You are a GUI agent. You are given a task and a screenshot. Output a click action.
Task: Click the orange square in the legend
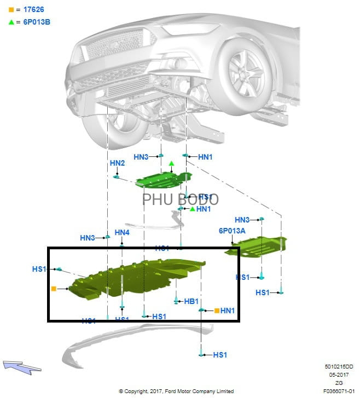(x=11, y=10)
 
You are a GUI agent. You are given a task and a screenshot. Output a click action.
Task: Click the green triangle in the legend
(x=11, y=22)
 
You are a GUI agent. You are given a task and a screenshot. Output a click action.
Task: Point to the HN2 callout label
(x=117, y=163)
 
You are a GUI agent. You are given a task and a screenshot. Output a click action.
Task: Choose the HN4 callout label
(x=122, y=232)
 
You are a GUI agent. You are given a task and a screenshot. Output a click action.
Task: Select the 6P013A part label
(x=232, y=231)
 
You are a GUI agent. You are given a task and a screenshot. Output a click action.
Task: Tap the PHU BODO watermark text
(x=180, y=200)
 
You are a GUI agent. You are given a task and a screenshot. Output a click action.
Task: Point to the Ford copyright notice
(x=176, y=391)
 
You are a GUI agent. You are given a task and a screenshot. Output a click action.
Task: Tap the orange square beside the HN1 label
(x=217, y=311)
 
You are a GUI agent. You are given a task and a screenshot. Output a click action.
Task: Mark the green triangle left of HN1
(x=192, y=209)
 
